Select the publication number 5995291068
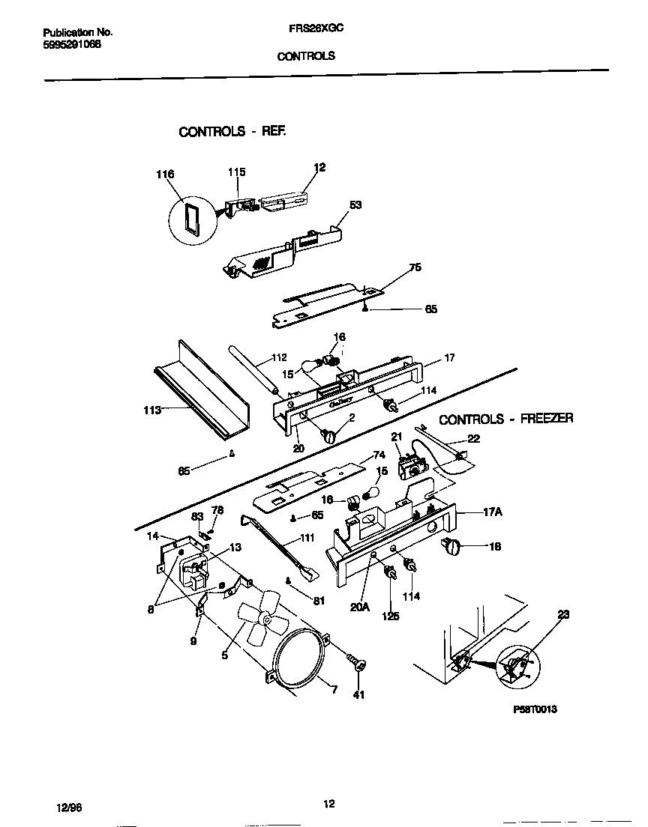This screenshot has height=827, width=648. coord(72,43)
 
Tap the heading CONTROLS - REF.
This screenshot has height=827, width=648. coord(232,131)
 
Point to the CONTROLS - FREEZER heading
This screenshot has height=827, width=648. coord(505,419)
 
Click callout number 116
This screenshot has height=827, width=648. coord(165,175)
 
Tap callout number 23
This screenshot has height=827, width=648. coord(563,614)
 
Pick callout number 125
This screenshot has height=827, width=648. coord(390,617)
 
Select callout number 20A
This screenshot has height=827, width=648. coord(360,608)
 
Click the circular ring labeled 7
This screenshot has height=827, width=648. coord(298,663)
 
